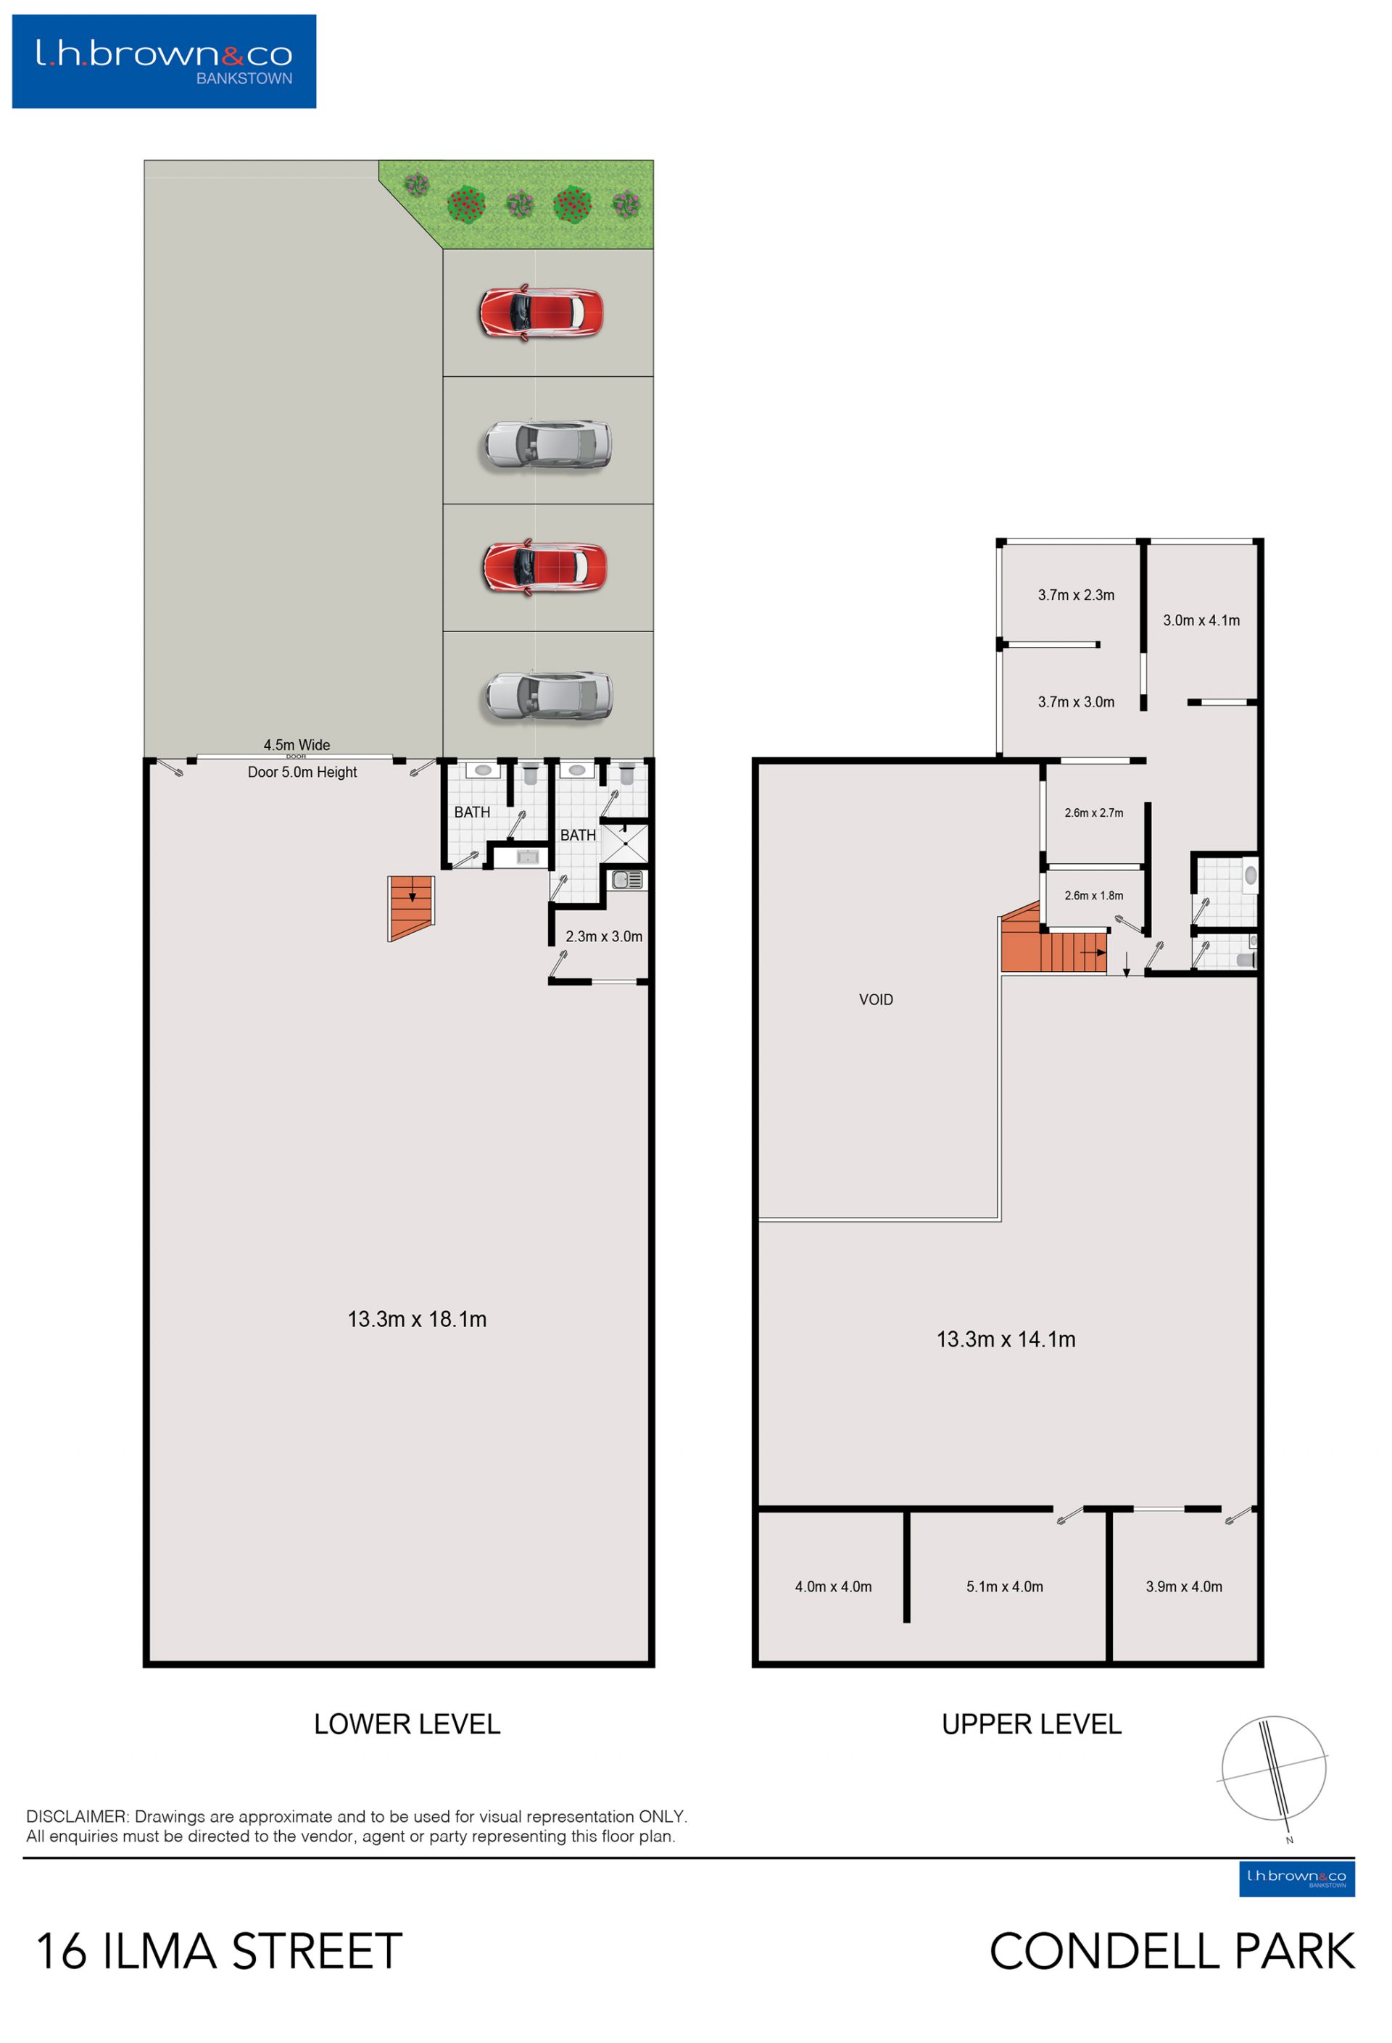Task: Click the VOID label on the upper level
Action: pyautogui.click(x=876, y=999)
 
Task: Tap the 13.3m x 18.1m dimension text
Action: pyautogui.click(x=417, y=1318)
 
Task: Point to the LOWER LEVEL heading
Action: pyautogui.click(x=407, y=1724)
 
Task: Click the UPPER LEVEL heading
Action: pyautogui.click(x=1032, y=1724)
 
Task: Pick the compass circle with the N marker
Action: pyautogui.click(x=1273, y=1768)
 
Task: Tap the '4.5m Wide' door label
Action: pyautogui.click(x=297, y=744)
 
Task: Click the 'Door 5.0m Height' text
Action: pyautogui.click(x=302, y=772)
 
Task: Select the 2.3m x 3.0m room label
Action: pyautogui.click(x=603, y=936)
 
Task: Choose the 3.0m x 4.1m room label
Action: pyautogui.click(x=1201, y=620)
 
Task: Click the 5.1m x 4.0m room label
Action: pyautogui.click(x=1004, y=1586)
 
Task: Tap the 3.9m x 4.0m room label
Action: pyautogui.click(x=1184, y=1586)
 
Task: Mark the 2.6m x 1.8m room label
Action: pyautogui.click(x=1093, y=896)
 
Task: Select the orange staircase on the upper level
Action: pyautogui.click(x=1053, y=941)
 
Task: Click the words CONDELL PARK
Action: pyautogui.click(x=1172, y=1952)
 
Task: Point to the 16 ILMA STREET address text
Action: pyautogui.click(x=219, y=1952)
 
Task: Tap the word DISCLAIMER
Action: pyautogui.click(x=77, y=1816)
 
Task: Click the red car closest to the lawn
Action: pyautogui.click(x=541, y=312)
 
